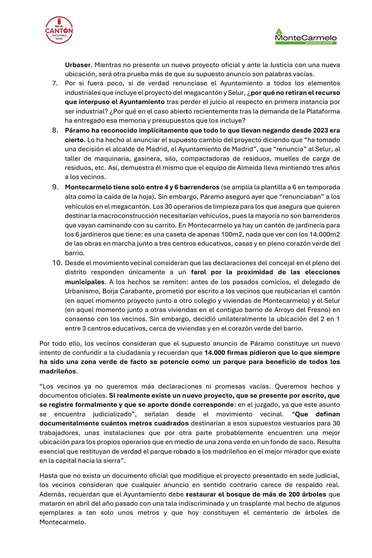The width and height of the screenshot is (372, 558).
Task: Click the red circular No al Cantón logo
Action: pyautogui.click(x=59, y=30)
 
